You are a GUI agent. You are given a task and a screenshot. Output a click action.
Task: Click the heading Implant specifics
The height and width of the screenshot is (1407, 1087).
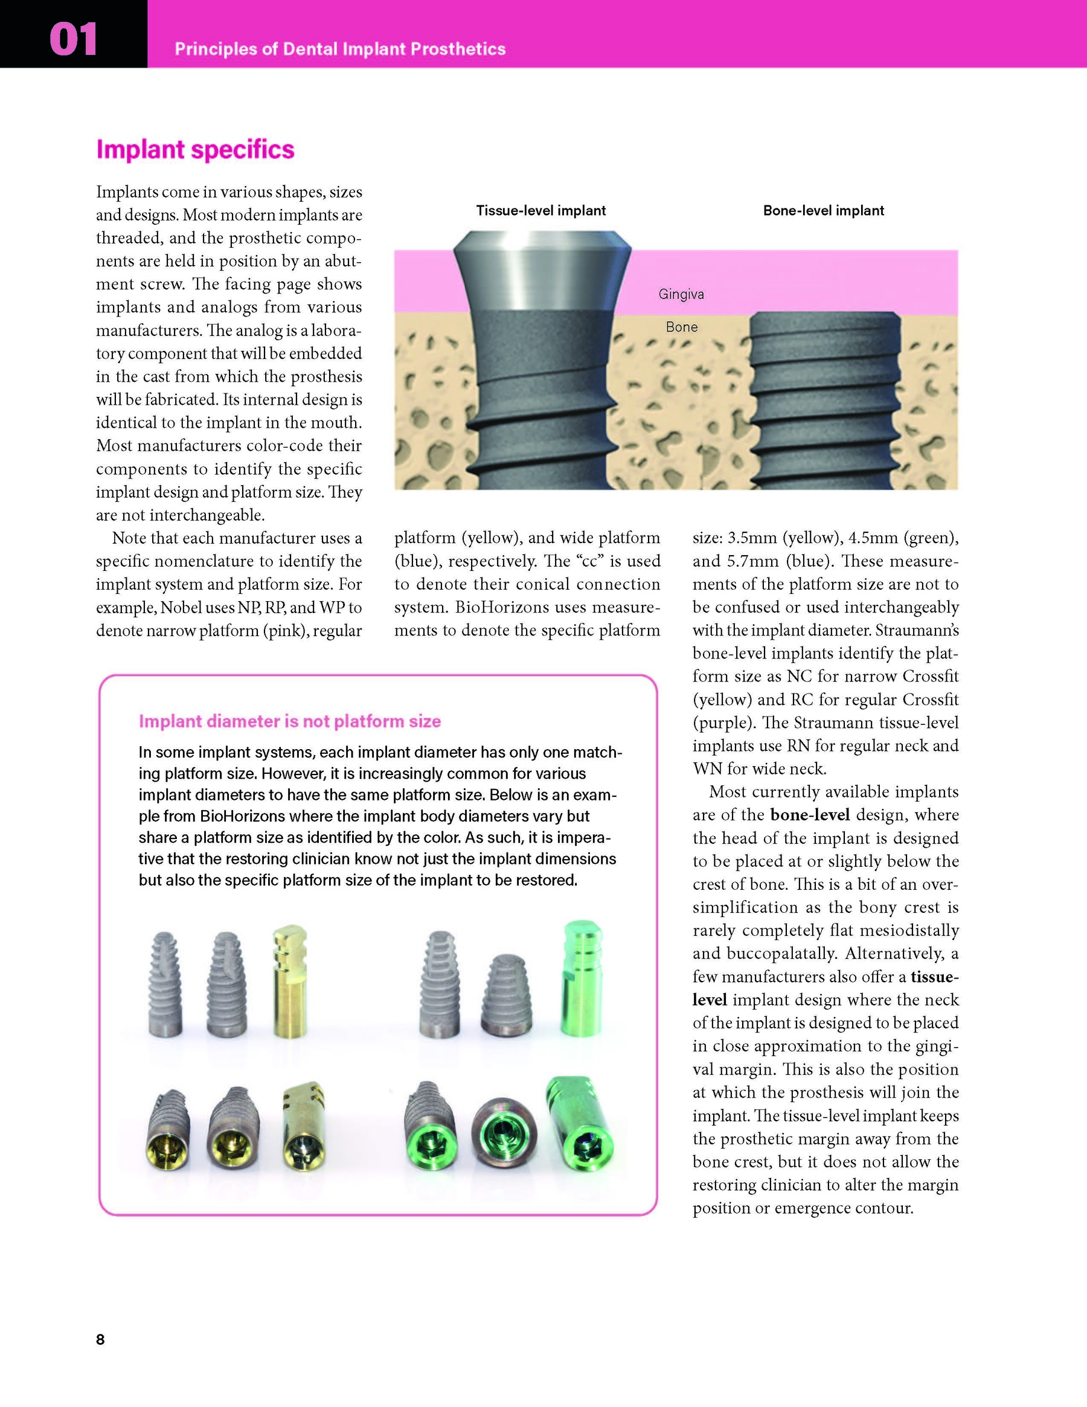195,149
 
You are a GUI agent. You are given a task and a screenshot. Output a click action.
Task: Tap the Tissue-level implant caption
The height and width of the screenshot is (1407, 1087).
540,211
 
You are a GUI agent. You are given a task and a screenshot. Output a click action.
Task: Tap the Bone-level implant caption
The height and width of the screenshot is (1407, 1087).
823,211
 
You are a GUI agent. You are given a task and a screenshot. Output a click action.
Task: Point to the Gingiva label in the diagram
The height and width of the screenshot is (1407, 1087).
681,294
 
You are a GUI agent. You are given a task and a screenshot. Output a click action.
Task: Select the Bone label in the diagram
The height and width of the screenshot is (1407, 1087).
681,327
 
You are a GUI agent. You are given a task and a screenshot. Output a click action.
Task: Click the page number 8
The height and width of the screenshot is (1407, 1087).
100,1339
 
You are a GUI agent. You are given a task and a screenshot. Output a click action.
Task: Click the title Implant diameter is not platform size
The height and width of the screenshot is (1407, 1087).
290,721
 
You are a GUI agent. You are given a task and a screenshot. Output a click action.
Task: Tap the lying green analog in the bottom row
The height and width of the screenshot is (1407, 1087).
580,1124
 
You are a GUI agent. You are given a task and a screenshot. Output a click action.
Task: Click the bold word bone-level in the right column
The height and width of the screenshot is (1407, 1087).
809,815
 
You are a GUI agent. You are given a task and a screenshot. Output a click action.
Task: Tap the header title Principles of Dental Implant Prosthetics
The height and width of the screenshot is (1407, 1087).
340,49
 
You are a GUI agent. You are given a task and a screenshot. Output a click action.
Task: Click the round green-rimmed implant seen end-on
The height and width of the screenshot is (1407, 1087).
504,1133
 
